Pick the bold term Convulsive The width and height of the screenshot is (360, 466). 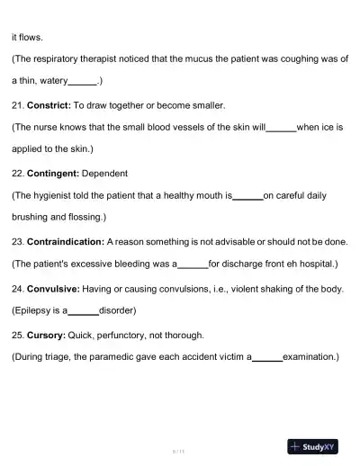(53, 289)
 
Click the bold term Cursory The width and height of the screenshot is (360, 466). (47, 335)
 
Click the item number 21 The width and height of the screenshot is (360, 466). (17, 105)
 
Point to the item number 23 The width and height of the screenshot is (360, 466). (17, 241)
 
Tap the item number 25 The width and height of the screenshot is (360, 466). (17, 335)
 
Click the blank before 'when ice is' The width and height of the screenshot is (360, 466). (281, 128)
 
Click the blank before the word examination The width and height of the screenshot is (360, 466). (267, 357)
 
